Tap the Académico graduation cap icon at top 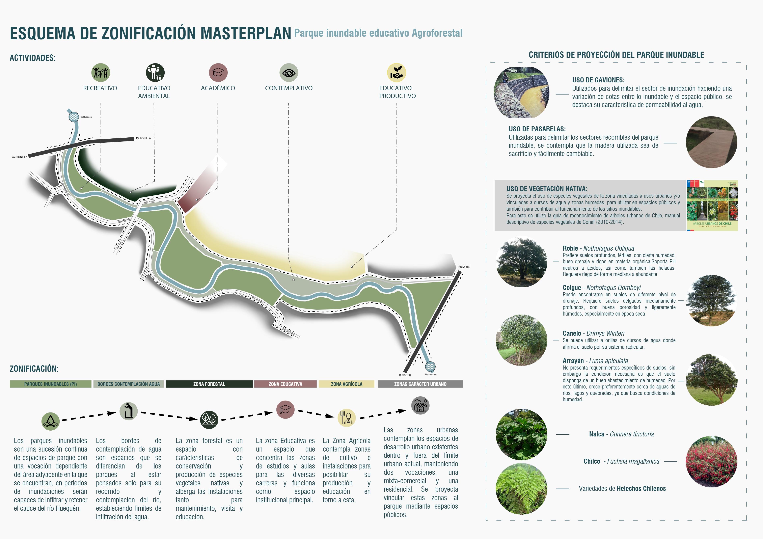pos(218,73)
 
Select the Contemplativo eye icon pos(289,73)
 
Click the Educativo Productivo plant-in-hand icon pos(397,73)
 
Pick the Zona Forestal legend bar pos(209,384)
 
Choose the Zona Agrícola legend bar pos(346,384)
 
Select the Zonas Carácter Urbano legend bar pos(420,384)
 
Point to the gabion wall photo pos(521,93)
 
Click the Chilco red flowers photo pos(711,462)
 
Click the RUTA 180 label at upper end pos(464,267)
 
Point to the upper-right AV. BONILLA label pos(143,138)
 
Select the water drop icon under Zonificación pos(51,421)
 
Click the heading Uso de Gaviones pos(598,80)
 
